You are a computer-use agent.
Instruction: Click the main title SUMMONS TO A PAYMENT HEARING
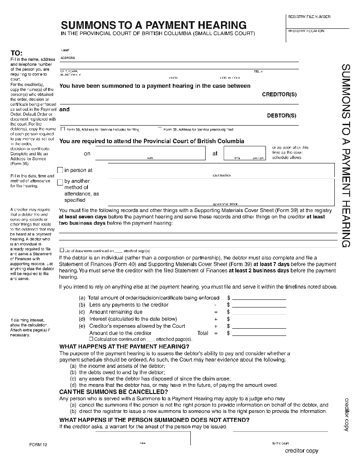153,25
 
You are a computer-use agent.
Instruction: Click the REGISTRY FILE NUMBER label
309,17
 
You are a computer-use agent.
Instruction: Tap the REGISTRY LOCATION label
306,31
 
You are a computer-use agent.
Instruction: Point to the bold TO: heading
16,53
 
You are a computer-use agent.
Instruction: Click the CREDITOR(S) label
279,95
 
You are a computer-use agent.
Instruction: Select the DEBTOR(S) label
282,116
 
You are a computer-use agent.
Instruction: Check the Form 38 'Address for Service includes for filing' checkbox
62,129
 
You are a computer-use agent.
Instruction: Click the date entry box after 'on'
150,154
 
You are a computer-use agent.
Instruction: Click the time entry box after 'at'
243,154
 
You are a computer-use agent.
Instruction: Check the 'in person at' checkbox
60,170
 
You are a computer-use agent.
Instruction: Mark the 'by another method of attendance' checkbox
60,182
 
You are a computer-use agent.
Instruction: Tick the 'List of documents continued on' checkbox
62,250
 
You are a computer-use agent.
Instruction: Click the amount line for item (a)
259,298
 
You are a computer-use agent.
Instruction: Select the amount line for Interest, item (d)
259,319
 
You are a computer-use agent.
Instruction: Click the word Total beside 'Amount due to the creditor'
203,333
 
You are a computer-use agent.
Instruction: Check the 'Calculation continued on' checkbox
91,339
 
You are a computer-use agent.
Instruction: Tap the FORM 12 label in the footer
38,444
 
